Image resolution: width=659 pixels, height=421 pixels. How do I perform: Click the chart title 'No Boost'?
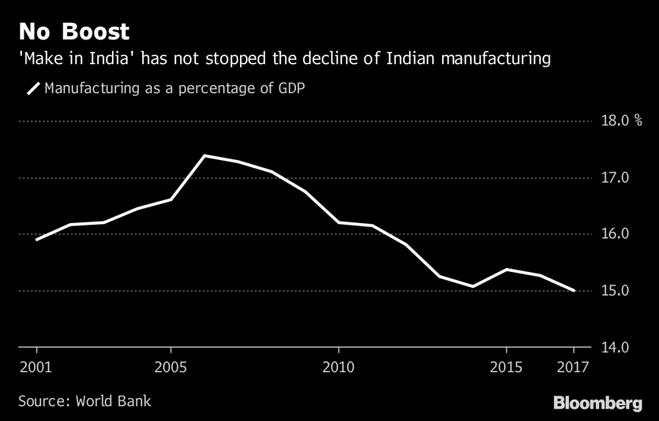73,31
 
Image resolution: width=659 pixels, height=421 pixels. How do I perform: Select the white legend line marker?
33,88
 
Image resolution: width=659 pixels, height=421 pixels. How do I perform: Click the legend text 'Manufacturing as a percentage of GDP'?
174,88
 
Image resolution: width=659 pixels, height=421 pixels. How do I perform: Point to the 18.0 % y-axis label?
620,121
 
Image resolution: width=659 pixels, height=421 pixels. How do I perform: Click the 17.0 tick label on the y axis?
614,177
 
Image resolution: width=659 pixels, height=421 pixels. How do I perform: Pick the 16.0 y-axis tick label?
614,234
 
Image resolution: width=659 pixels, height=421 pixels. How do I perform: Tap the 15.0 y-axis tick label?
614,291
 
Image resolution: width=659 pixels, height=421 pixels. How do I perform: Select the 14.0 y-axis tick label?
614,347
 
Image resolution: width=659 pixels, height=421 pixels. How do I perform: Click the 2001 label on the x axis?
37,369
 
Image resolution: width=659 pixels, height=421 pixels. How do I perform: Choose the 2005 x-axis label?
171,369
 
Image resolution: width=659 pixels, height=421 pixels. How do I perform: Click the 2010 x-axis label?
339,369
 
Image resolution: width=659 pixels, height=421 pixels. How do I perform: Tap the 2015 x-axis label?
506,369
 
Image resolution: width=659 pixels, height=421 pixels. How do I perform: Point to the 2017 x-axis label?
573,369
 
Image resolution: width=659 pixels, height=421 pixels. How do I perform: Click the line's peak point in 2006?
205,156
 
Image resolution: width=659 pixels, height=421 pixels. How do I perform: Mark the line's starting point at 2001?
37,239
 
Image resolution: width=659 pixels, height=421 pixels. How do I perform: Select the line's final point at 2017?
573,291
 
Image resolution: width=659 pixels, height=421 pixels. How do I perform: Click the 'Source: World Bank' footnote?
84,402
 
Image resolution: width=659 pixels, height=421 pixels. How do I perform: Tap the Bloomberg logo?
598,403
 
